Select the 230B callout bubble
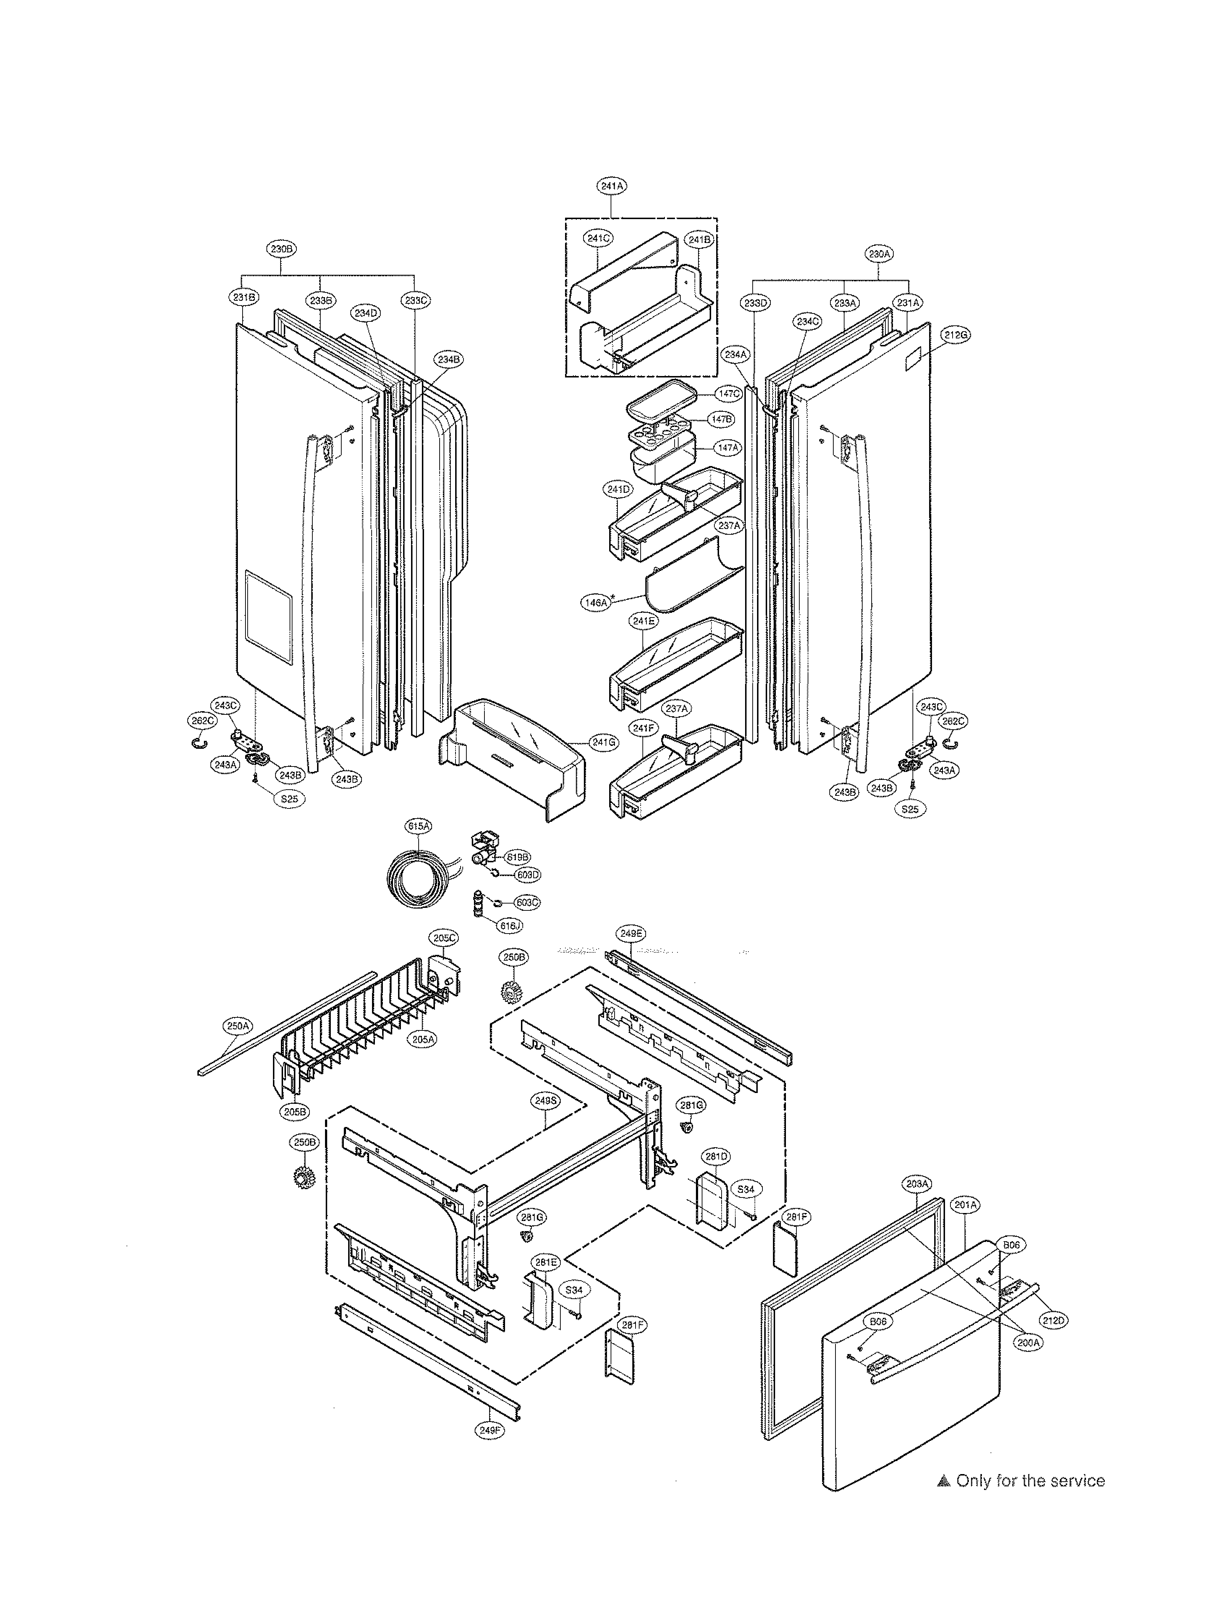tap(282, 249)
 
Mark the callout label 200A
tap(1028, 1342)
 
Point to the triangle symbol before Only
tap(944, 1482)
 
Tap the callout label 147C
tap(728, 394)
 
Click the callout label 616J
tap(510, 926)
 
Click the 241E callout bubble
tap(644, 621)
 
